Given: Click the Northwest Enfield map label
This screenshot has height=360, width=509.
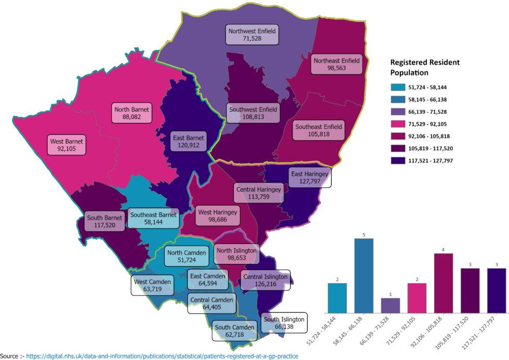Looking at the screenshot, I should coord(252,35).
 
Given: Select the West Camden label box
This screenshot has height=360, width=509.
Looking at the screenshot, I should coord(153,286).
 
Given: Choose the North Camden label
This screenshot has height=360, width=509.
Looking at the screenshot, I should coord(186,257).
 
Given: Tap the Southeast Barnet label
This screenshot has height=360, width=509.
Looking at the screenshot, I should coord(153,218).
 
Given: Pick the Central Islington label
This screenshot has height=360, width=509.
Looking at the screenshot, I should coord(264,281).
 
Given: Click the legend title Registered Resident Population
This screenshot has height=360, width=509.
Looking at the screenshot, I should coord(425,68).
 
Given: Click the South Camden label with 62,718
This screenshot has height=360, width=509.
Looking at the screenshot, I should coord(234,331).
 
